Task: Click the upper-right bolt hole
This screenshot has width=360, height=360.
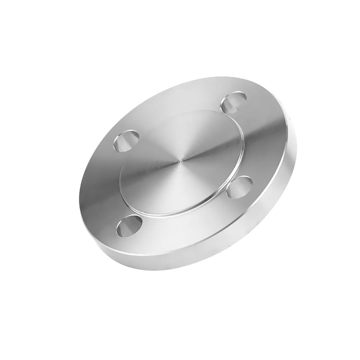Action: pyautogui.click(x=233, y=103)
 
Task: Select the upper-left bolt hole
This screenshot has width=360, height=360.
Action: pyautogui.click(x=126, y=141)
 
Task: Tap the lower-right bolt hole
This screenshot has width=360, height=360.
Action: pyautogui.click(x=239, y=187)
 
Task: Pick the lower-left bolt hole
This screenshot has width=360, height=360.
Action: pyautogui.click(x=130, y=226)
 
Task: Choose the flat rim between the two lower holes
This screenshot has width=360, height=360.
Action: pyautogui.click(x=189, y=229)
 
